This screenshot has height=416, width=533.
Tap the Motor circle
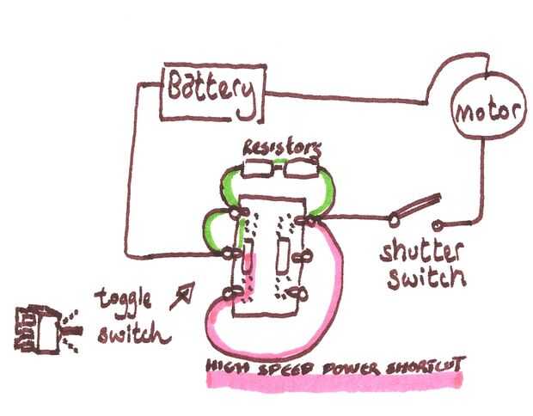click(487, 111)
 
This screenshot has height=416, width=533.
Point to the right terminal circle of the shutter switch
click(439, 226)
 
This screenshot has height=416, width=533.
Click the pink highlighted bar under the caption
click(335, 379)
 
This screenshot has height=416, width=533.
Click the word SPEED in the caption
click(284, 367)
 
